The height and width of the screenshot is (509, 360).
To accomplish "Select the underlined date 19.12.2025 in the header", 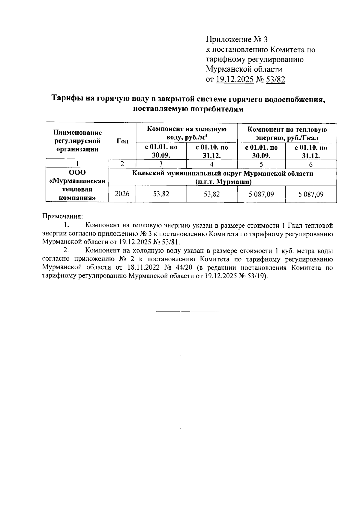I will [235, 79].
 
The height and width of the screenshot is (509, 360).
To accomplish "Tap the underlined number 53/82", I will [274, 79].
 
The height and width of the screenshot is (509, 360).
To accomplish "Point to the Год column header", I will [122, 141].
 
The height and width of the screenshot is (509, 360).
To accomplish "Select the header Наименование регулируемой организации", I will [77, 141].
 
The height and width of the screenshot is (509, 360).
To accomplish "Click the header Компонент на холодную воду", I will [186, 133].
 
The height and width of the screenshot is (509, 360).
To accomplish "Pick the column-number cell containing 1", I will [77, 164].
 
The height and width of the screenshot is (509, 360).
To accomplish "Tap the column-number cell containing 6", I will [310, 164].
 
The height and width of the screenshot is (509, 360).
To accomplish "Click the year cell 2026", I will [122, 194].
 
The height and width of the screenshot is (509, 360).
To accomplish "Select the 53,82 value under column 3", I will [161, 194].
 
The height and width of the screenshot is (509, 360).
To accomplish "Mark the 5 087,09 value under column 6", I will [311, 194].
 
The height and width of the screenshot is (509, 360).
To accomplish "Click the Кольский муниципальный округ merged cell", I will [222, 178].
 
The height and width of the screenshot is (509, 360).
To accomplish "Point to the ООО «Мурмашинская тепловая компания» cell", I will [77, 185].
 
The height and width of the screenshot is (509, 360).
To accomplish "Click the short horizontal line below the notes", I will [188, 313].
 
